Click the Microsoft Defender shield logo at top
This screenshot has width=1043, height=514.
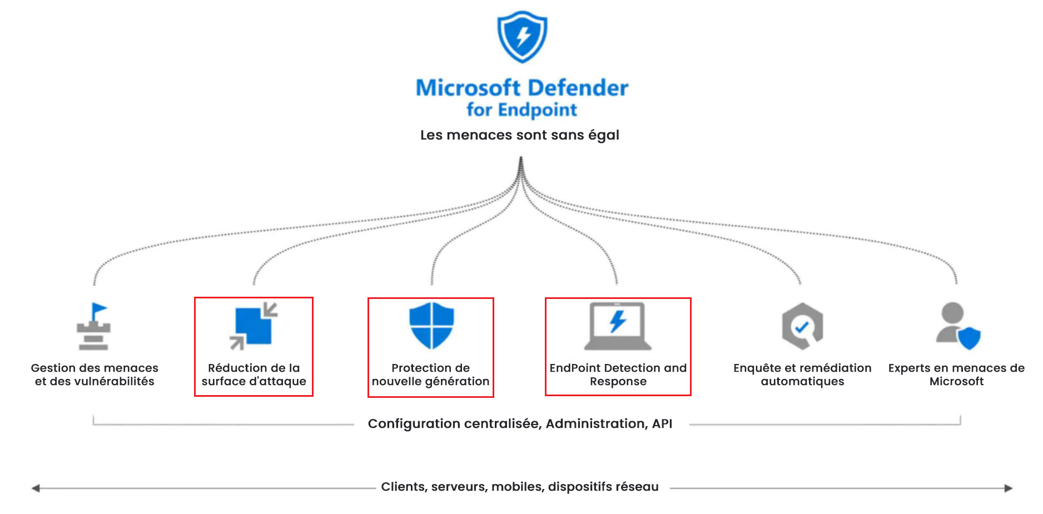pos(521,37)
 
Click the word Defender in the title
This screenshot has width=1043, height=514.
pos(578,88)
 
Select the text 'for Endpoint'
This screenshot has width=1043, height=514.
pos(521,109)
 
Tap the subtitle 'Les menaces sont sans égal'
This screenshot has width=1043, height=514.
pos(519,135)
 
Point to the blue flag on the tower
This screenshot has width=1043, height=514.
pos(100,309)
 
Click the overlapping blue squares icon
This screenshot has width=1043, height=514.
pos(254,326)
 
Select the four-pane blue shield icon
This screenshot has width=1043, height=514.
pos(431,326)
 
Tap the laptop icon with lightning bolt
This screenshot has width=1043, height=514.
pos(618,326)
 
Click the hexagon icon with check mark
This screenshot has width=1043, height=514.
pos(802,326)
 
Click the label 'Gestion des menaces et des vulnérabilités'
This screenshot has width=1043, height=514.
pos(95,375)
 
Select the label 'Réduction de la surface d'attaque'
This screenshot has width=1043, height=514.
pos(254,375)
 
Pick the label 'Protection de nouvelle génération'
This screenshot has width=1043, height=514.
pos(430,375)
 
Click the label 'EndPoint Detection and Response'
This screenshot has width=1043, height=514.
pos(618,375)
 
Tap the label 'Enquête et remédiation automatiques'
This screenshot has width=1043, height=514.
pos(802,375)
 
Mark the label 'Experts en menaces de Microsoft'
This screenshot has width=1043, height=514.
pos(956,375)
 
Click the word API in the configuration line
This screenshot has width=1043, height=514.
pos(662,423)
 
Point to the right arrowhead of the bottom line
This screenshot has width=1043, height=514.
pos(1008,488)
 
